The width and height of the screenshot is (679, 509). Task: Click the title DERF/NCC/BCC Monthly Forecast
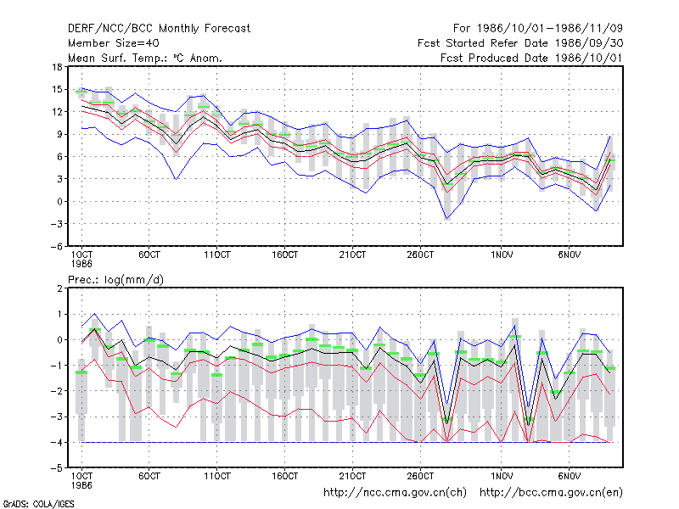(x=159, y=29)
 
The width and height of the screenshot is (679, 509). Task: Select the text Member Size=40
(x=114, y=43)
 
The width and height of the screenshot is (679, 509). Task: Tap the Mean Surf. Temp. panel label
(x=145, y=58)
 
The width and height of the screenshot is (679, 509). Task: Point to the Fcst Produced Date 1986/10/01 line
(x=531, y=58)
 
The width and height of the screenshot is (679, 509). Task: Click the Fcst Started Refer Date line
(x=520, y=43)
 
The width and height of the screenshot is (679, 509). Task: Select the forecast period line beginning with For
(x=538, y=29)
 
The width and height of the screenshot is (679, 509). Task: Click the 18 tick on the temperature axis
(x=57, y=67)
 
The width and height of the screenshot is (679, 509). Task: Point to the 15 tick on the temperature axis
(x=57, y=90)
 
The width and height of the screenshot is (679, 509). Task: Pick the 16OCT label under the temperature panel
(x=285, y=255)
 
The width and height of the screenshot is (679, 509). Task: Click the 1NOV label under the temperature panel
(x=502, y=255)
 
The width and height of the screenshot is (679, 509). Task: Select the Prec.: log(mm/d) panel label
(x=115, y=280)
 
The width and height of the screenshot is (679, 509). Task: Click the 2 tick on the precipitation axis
(x=59, y=288)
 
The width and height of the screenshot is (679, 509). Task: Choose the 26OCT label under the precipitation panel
(x=420, y=476)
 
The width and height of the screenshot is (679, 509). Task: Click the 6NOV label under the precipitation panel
(x=569, y=476)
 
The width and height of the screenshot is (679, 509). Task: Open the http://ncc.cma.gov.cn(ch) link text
(x=395, y=493)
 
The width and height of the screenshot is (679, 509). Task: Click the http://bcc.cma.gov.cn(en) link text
(x=551, y=493)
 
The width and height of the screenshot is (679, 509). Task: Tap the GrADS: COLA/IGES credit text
(x=38, y=504)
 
